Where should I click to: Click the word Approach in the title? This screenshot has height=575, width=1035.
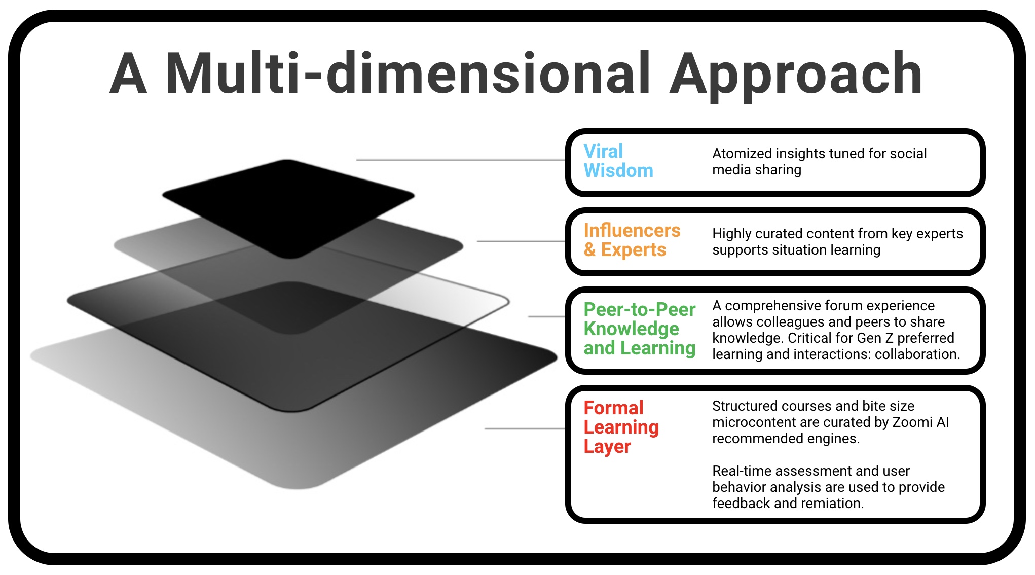796,75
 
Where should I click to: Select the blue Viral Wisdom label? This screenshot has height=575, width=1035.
618,161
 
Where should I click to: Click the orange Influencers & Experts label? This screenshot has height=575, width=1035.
632,240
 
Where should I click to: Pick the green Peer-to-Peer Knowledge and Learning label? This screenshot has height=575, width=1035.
639,329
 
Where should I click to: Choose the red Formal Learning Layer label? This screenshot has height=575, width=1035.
621,427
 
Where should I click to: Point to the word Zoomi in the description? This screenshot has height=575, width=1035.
913,422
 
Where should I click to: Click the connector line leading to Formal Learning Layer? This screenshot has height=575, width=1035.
525,429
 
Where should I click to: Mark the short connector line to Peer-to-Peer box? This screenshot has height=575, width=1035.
546,316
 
